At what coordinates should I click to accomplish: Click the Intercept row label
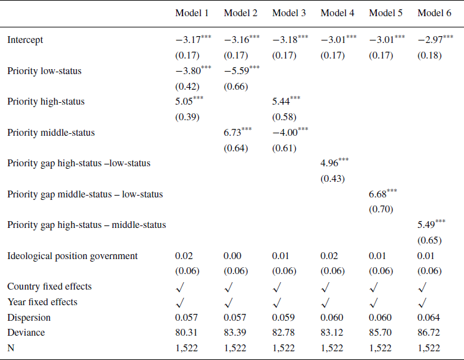[x=26, y=40]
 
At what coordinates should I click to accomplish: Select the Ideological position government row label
[x=72, y=256]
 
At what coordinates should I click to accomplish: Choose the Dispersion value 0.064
[x=429, y=317]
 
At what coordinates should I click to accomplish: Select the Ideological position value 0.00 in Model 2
[x=232, y=256]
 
